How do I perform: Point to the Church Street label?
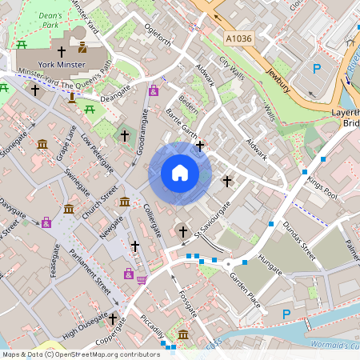click(x=104, y=199)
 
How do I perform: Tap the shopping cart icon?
click(x=142, y=280)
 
